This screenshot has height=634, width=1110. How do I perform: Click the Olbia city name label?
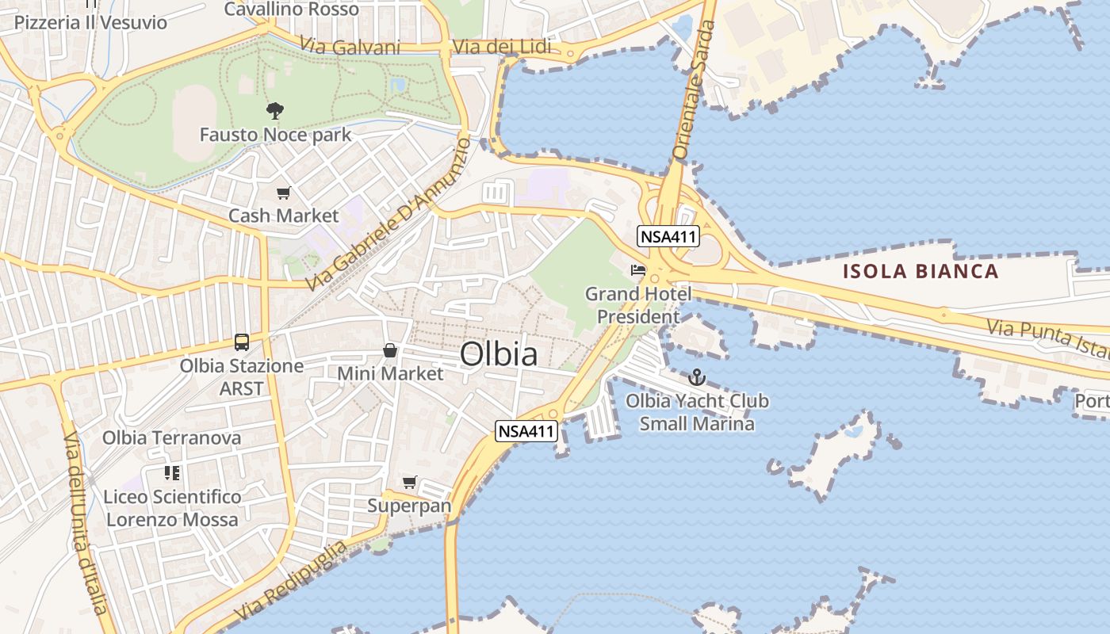499,353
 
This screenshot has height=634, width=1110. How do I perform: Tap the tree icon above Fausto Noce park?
275,111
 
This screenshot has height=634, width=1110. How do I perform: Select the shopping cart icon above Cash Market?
284,193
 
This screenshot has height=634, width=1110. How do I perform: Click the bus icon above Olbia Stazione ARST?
242,342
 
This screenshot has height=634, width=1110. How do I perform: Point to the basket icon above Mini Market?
390,349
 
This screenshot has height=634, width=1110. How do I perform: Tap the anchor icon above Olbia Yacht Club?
697,377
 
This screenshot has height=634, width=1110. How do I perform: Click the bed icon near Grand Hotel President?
638,270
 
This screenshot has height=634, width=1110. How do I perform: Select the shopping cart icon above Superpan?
410,482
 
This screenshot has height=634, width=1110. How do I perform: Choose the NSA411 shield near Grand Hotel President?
668,235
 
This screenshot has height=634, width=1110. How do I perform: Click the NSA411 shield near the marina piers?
527,431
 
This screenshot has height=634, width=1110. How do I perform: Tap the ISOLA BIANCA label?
920,271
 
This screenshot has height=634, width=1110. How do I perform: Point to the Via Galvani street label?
350,48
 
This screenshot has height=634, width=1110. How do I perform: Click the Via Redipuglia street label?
291,582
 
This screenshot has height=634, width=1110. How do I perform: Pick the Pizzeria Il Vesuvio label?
90,22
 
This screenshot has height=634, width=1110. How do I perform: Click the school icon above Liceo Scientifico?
172,473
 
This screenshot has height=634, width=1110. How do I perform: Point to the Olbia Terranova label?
171,437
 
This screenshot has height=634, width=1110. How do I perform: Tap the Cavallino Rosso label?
291,10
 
